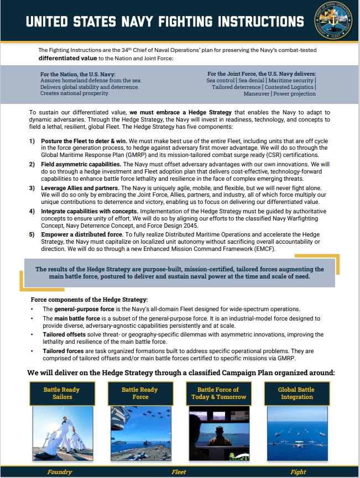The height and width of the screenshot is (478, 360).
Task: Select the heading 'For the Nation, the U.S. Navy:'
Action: (76, 74)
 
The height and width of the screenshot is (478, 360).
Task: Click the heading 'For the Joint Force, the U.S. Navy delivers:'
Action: (262, 74)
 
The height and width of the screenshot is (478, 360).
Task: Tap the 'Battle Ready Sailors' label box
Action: (61, 393)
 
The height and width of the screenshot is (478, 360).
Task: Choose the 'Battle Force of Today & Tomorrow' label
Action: (218, 393)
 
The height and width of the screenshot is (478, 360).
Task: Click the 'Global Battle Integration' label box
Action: (296, 393)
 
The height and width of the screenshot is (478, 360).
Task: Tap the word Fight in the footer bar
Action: (298, 472)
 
